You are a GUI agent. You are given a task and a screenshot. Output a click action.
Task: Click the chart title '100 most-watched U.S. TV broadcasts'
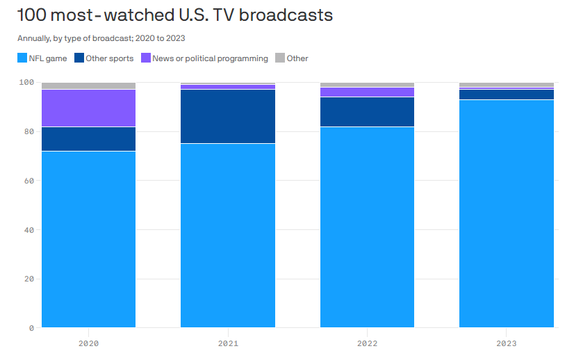coord(174,15)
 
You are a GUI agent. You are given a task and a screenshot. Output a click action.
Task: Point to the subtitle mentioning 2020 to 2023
coord(101,38)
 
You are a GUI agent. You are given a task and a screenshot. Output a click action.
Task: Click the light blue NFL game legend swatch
coord(22,58)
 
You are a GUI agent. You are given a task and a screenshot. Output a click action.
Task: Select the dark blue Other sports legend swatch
coord(79,58)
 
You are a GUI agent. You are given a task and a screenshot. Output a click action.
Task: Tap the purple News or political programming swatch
coord(146,58)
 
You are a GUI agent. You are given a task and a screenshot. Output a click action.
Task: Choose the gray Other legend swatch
coord(280,58)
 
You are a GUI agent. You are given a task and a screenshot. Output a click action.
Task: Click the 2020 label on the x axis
coord(88,343)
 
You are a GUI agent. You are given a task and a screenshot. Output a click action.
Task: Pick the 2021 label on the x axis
coord(228,343)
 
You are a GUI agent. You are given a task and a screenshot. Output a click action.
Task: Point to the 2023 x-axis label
coord(507,343)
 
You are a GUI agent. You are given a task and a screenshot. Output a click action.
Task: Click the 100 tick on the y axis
coord(25,83)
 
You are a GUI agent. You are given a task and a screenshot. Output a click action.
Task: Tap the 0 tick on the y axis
coord(30,328)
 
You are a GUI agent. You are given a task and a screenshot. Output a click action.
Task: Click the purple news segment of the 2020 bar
coord(88,108)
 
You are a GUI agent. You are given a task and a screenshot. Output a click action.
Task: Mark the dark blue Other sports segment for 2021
coord(228,116)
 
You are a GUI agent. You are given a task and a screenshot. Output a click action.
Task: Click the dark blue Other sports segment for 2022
coord(367,111)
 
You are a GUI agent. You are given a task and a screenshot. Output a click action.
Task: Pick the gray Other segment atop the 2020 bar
coord(88,85)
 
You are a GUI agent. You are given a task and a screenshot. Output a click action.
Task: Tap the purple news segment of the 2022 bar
coord(367,92)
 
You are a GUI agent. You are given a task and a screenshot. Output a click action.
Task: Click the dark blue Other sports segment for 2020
coord(88,138)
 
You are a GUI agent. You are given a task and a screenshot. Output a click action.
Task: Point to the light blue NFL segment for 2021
coord(228,236)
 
